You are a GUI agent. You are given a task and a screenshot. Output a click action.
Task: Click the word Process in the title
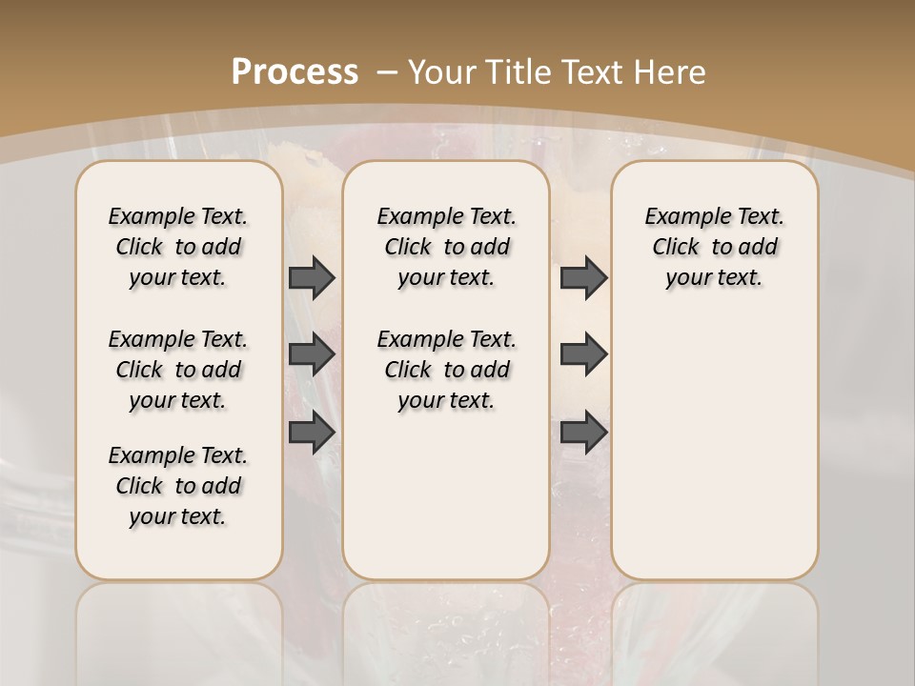pyautogui.click(x=295, y=71)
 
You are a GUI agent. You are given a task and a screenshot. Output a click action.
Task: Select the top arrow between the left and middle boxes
pyautogui.click(x=312, y=277)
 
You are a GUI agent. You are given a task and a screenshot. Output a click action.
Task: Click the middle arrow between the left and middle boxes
pyautogui.click(x=312, y=354)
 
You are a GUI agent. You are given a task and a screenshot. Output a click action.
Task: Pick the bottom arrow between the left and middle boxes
pyautogui.click(x=312, y=432)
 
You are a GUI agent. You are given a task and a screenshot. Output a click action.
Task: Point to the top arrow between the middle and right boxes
pyautogui.click(x=583, y=277)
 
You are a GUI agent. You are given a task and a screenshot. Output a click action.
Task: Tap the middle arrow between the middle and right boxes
pyautogui.click(x=583, y=354)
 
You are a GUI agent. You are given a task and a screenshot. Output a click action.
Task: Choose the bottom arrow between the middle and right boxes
pyautogui.click(x=583, y=432)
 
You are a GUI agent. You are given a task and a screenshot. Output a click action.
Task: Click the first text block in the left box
pyautogui.click(x=178, y=247)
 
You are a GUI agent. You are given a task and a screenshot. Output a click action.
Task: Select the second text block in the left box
pyautogui.click(x=178, y=370)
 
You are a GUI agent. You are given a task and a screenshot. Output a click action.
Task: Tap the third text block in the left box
pyautogui.click(x=178, y=486)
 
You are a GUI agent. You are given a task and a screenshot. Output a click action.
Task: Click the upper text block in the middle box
pyautogui.click(x=446, y=247)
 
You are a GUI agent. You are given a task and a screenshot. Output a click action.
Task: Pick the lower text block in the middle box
pyautogui.click(x=446, y=370)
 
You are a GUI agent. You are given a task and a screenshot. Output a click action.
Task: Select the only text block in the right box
pyautogui.click(x=715, y=247)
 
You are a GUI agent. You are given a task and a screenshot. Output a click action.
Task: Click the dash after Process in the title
pyautogui.click(x=387, y=71)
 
